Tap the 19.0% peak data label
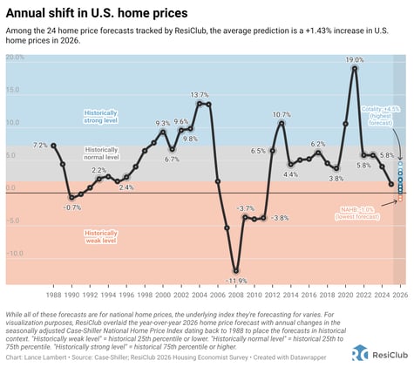(x=353, y=60)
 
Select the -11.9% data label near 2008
(x=236, y=282)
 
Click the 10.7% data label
(x=282, y=115)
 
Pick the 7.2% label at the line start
(x=40, y=145)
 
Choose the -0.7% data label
(x=72, y=207)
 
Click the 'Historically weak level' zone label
(x=100, y=237)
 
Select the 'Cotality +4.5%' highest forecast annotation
(x=380, y=112)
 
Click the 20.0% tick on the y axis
(x=15, y=58)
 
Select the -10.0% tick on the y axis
(x=15, y=254)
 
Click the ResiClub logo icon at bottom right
(x=359, y=353)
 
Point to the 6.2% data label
(x=318, y=144)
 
